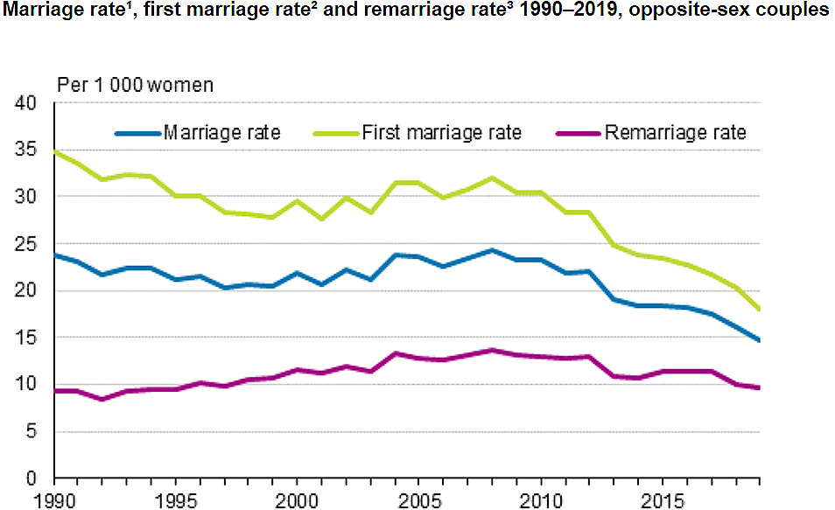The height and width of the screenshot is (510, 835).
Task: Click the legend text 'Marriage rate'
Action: (x=222, y=133)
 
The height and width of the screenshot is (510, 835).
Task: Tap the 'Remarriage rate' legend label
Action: (x=675, y=133)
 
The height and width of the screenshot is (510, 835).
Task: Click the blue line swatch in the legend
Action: (x=138, y=134)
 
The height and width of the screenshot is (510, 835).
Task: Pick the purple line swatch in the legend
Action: (x=579, y=134)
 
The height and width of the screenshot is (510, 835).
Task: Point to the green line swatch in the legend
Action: (x=336, y=134)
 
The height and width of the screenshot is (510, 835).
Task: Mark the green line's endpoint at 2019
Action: (x=759, y=310)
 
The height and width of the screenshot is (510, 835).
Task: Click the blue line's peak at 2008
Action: (x=492, y=250)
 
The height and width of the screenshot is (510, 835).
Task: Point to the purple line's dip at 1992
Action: (x=103, y=399)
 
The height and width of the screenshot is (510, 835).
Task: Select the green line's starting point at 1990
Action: (x=55, y=151)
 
